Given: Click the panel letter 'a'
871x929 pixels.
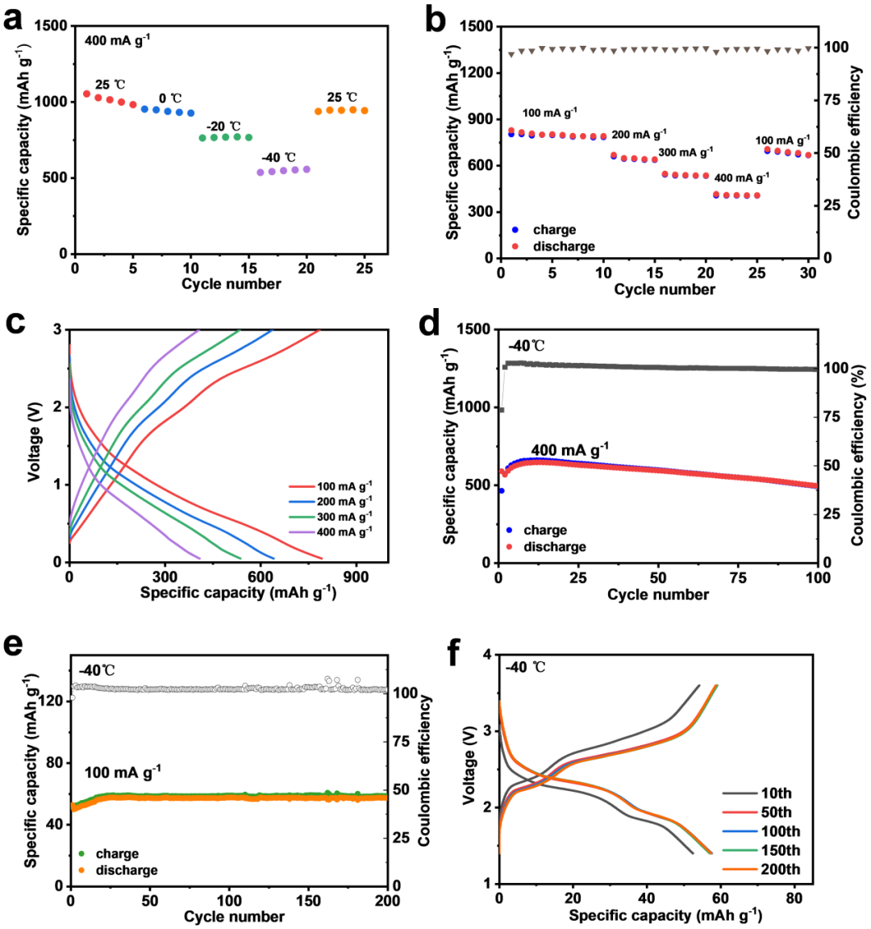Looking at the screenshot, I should [x=13, y=18].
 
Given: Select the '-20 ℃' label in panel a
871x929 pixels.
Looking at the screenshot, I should [x=223, y=127].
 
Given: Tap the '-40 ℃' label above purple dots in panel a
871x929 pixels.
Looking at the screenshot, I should [x=278, y=157].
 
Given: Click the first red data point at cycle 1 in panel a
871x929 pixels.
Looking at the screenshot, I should [x=87, y=94].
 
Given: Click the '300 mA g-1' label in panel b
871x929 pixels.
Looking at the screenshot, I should [x=686, y=152].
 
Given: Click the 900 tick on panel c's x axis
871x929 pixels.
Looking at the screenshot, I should [x=356, y=577].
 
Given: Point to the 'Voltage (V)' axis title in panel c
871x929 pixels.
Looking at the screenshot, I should [x=35, y=444].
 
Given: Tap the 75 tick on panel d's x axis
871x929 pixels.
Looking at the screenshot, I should [x=738, y=578].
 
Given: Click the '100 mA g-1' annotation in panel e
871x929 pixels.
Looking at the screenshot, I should [x=123, y=773].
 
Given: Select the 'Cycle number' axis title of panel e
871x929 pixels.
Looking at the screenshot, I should [x=234, y=917].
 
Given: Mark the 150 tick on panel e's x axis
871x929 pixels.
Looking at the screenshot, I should [x=309, y=901].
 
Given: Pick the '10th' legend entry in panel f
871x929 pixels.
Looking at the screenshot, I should [x=776, y=794].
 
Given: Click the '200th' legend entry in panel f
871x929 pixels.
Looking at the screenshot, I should [x=780, y=869].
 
